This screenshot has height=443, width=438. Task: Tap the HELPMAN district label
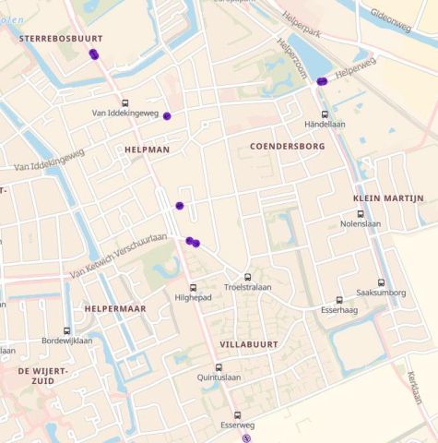(x=148, y=149)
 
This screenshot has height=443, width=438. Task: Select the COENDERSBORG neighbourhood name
(x=287, y=146)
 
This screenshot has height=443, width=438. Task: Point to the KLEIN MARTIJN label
(x=387, y=198)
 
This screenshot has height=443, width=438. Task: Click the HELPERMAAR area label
(x=115, y=308)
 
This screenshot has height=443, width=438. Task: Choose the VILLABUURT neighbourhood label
(x=248, y=343)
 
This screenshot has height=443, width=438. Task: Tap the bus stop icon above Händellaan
(x=325, y=114)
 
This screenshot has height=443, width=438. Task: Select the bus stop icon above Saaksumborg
(x=381, y=282)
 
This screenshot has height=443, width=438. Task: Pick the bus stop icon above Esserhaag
(x=339, y=300)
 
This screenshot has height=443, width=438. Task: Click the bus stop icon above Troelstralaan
(x=247, y=277)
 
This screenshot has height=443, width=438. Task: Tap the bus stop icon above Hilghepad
(x=193, y=288)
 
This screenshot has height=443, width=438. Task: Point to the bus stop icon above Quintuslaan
(x=219, y=367)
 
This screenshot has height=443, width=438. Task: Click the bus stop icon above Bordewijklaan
(x=66, y=330)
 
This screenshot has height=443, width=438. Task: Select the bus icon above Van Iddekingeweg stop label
(x=125, y=103)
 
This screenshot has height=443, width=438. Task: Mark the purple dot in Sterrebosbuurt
(x=94, y=54)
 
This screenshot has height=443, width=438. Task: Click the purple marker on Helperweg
(x=322, y=82)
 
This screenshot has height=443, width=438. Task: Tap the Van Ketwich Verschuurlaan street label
(x=118, y=257)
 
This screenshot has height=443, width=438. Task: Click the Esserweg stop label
(x=237, y=426)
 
